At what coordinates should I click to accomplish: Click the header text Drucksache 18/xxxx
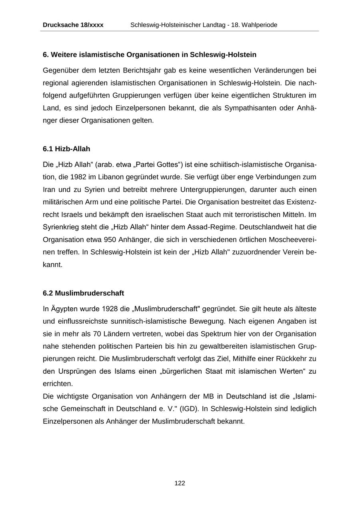[x=73, y=25]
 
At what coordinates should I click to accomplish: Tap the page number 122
[x=180, y=483]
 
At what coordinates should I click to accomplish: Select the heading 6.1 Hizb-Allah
[x=66, y=149]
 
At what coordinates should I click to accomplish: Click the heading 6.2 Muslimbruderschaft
[x=83, y=293]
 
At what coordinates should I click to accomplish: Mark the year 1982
[x=78, y=177]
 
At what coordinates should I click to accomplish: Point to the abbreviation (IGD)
[x=188, y=409]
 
